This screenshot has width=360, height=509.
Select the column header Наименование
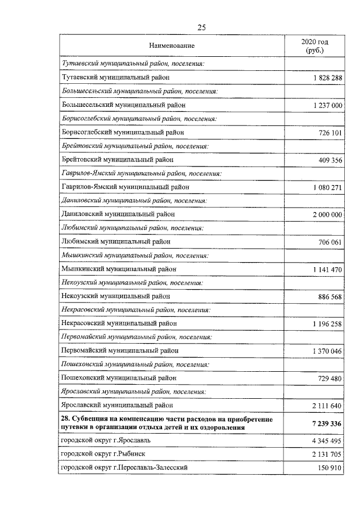tap(172, 45)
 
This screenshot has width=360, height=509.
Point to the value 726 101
tap(328, 132)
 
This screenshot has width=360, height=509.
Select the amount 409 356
tap(328, 160)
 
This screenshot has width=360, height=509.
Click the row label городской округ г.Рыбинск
tap(106, 454)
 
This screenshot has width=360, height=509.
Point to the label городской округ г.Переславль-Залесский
tap(124, 467)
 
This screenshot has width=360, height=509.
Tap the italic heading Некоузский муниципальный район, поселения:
tap(131, 282)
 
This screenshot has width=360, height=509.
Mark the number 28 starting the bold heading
tap(65, 419)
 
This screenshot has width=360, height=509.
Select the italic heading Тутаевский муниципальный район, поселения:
tap(132, 64)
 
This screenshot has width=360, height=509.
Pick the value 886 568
tap(328, 296)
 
